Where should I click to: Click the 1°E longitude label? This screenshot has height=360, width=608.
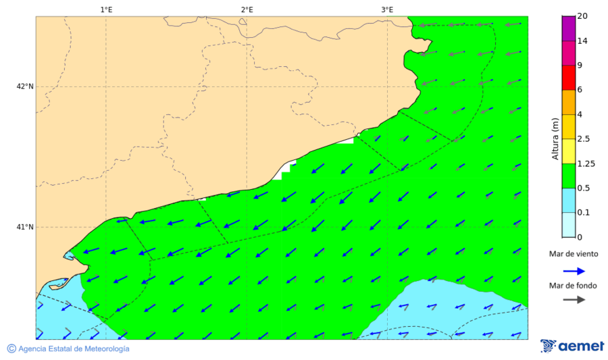[x=106, y=9]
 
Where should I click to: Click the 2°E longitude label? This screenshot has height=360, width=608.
[x=247, y=9]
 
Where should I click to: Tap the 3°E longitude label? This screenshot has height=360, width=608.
[x=387, y=9]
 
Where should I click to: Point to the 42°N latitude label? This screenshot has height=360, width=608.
[x=25, y=86]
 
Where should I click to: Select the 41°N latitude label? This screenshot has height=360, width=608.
[x=25, y=227]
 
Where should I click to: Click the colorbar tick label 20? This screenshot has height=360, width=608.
[x=582, y=17]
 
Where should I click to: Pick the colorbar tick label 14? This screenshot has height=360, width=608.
[x=582, y=41]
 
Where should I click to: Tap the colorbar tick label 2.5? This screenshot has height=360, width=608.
[x=584, y=139]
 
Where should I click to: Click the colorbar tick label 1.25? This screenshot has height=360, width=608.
[x=586, y=163]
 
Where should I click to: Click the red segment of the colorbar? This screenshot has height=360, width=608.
[x=568, y=78]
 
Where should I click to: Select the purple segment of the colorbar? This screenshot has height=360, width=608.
[x=568, y=28]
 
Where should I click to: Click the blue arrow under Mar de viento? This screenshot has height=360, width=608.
[x=574, y=271]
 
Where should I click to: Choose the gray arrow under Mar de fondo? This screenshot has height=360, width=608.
[x=574, y=300]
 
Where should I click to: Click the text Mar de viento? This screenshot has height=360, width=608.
[x=574, y=254]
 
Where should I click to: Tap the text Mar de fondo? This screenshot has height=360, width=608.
[x=574, y=286]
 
